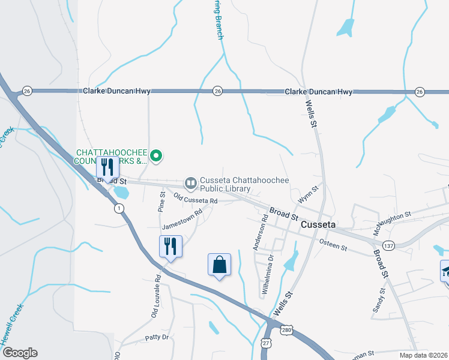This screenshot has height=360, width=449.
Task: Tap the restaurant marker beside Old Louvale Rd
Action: (170, 247)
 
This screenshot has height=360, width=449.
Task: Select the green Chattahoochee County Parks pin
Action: (156, 157)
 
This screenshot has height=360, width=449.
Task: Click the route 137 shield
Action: (389, 245)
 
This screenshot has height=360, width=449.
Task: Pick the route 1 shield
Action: (119, 208)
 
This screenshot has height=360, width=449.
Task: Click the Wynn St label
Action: (307, 195)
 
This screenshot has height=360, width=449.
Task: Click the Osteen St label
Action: (334, 244)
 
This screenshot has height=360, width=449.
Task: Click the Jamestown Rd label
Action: (182, 222)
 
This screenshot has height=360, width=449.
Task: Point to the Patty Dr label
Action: (157, 338)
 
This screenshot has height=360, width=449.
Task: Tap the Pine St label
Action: (161, 202)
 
